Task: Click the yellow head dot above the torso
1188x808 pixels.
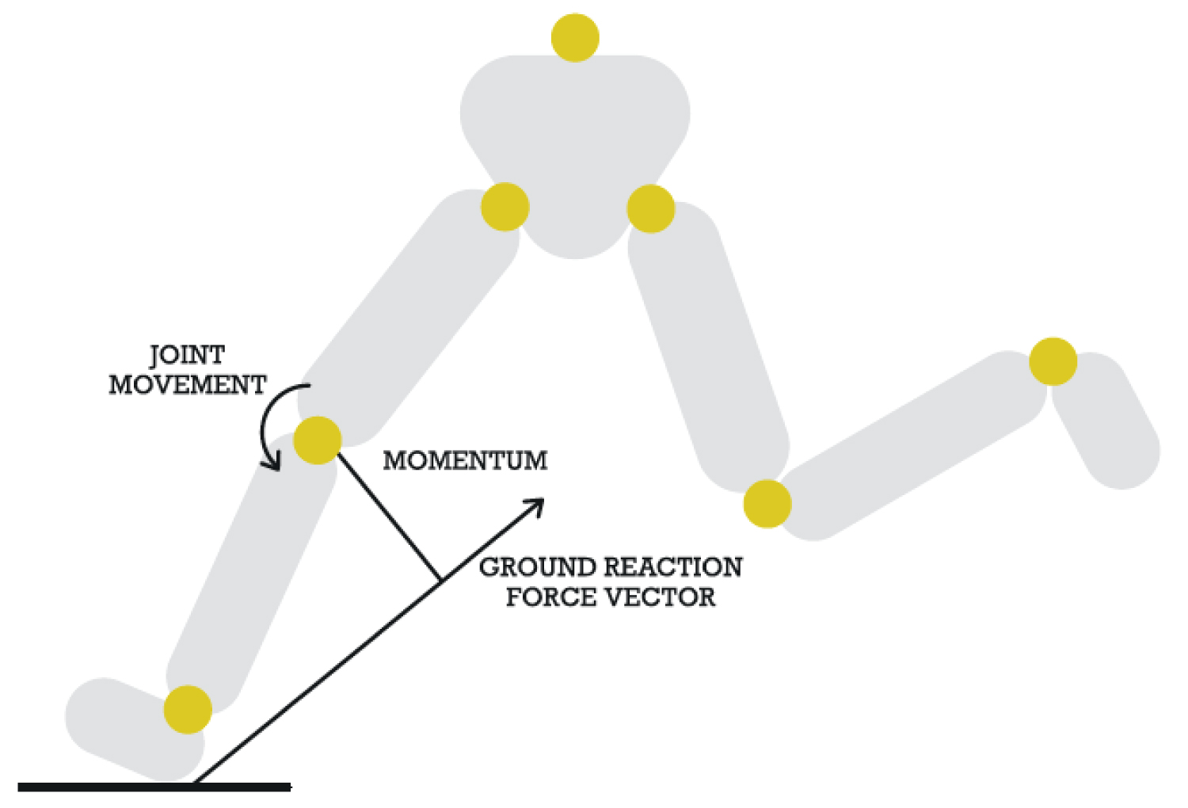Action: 575,37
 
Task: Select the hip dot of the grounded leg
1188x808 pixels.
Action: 505,207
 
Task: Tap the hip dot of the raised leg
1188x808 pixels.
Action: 650,208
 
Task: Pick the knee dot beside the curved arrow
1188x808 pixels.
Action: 318,440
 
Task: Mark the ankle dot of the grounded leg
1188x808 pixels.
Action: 188,710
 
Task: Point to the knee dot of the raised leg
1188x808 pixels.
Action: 767,503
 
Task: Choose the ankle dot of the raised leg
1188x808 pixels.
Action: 1053,361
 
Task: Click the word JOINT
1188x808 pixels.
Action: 187,355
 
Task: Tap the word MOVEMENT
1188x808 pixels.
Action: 188,385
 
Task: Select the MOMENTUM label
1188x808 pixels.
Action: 465,461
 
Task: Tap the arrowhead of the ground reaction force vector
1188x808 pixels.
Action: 537,505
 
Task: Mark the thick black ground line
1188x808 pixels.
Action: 154,787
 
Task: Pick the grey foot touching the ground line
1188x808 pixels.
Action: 127,725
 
